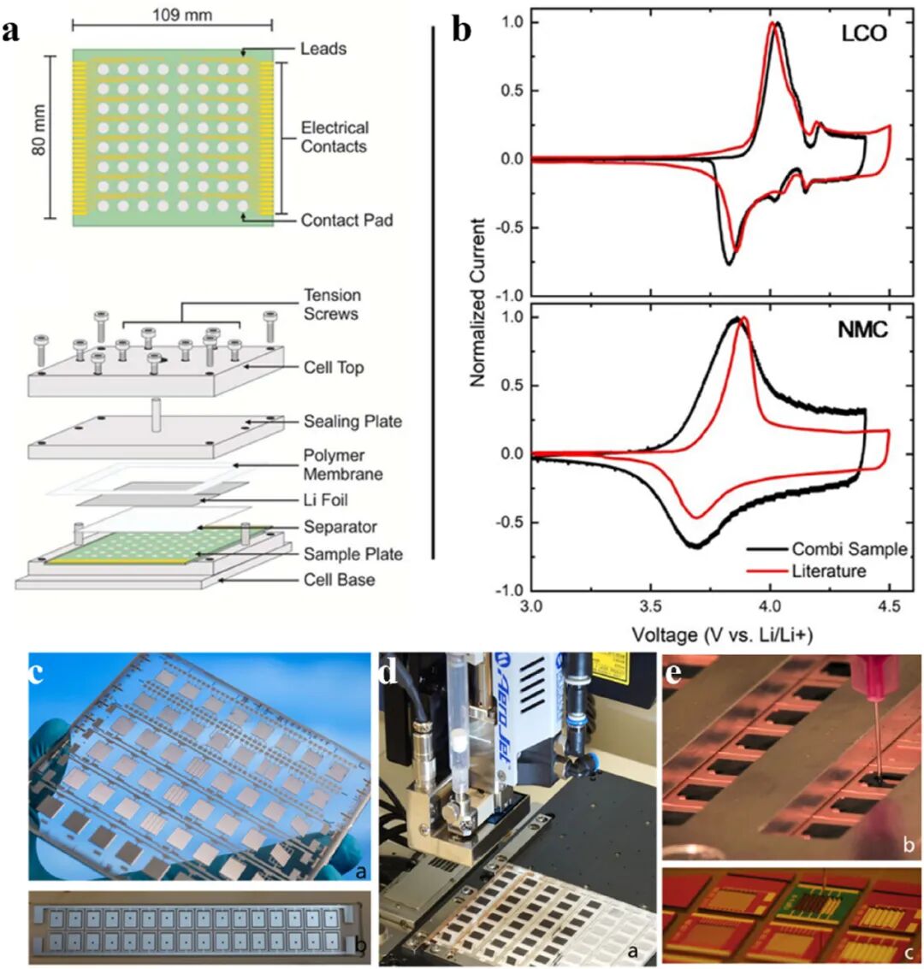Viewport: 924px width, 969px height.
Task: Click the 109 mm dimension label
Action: (182, 15)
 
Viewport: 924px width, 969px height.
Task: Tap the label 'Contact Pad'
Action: (346, 220)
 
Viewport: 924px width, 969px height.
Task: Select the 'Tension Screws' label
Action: (332, 304)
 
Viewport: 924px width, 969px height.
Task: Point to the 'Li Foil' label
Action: (325, 499)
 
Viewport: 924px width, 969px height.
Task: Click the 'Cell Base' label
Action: (339, 580)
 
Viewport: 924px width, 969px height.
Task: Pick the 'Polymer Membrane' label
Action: (342, 464)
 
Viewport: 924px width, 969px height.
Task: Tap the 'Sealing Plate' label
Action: (352, 421)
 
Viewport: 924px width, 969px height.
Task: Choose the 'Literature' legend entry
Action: (828, 570)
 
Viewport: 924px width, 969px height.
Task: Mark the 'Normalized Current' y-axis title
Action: (478, 302)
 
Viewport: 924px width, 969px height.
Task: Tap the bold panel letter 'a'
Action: (11, 32)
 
